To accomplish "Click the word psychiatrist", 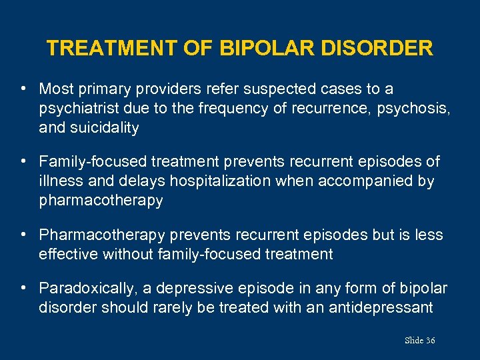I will (x=73, y=109).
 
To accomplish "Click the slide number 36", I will (x=430, y=341).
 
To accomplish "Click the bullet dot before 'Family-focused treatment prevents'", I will (x=23, y=161).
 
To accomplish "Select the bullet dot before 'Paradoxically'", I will (x=23, y=288).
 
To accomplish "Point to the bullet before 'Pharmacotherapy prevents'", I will (x=23, y=235).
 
